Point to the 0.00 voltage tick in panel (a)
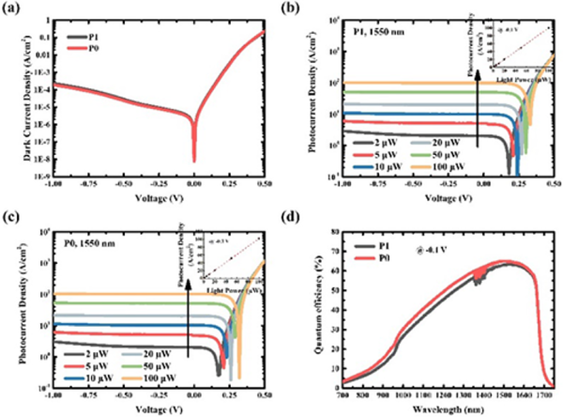pyautogui.click(x=194, y=184)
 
